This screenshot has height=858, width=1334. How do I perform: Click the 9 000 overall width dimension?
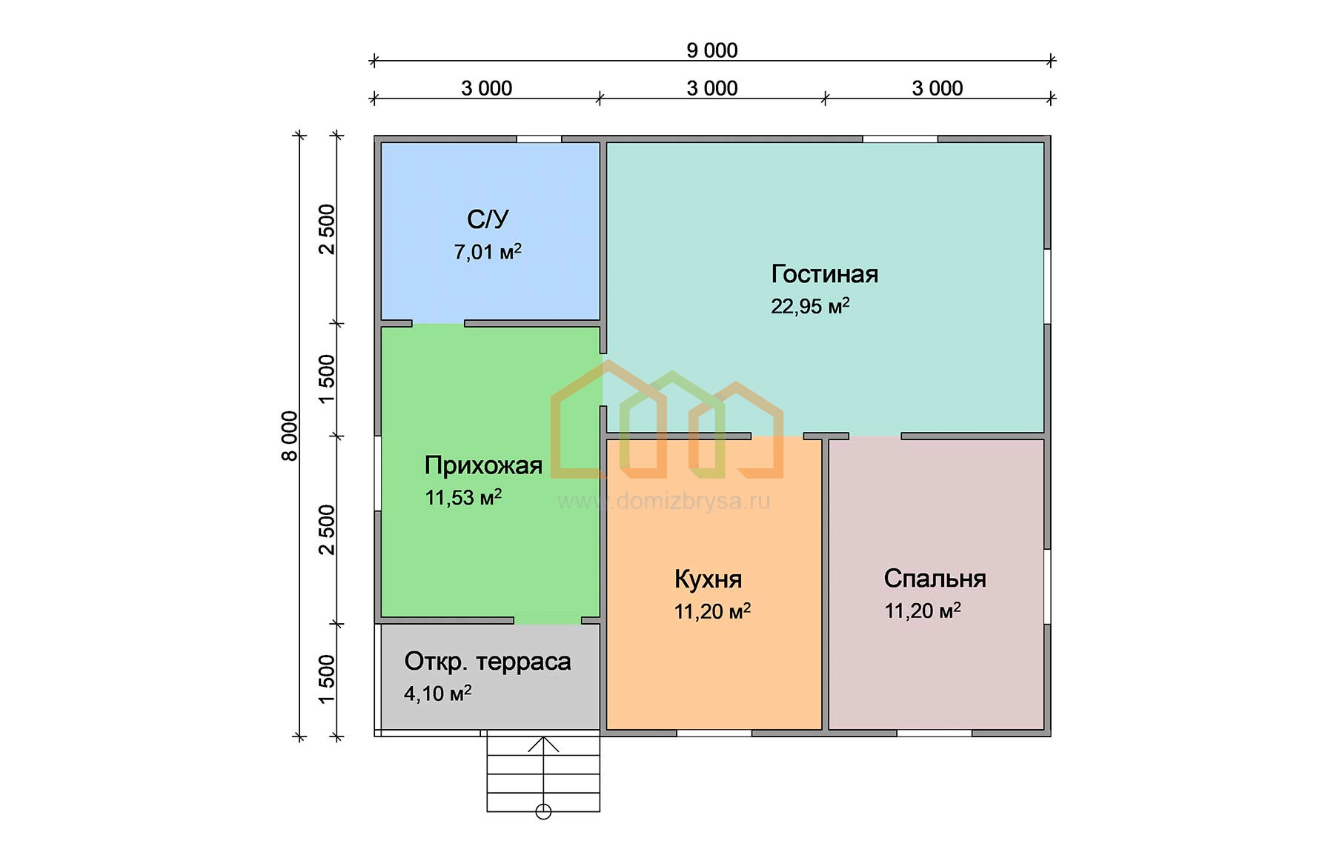711,50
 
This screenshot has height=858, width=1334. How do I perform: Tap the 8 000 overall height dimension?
289,436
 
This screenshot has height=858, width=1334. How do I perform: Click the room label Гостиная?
825,274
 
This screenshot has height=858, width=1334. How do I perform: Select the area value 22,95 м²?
810,306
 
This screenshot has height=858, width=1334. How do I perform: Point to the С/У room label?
488,219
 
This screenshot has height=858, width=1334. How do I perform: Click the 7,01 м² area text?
488,252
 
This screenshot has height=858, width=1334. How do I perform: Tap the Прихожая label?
483,465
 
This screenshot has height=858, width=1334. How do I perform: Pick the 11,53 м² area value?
463,497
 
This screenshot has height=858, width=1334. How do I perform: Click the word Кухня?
708,579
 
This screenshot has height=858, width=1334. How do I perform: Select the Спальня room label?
935,579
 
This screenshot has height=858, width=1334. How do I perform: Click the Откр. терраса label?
488,662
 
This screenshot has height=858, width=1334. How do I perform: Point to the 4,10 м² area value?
437,694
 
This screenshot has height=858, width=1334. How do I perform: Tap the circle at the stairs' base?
543,811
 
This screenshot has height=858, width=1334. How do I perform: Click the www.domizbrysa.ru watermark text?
664,502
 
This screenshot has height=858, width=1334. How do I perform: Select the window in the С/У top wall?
539,139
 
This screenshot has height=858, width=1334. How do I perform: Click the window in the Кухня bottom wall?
714,734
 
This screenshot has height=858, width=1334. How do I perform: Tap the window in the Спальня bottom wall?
934,734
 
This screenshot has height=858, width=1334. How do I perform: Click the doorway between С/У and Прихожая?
438,324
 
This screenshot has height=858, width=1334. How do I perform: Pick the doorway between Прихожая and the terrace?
548,620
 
